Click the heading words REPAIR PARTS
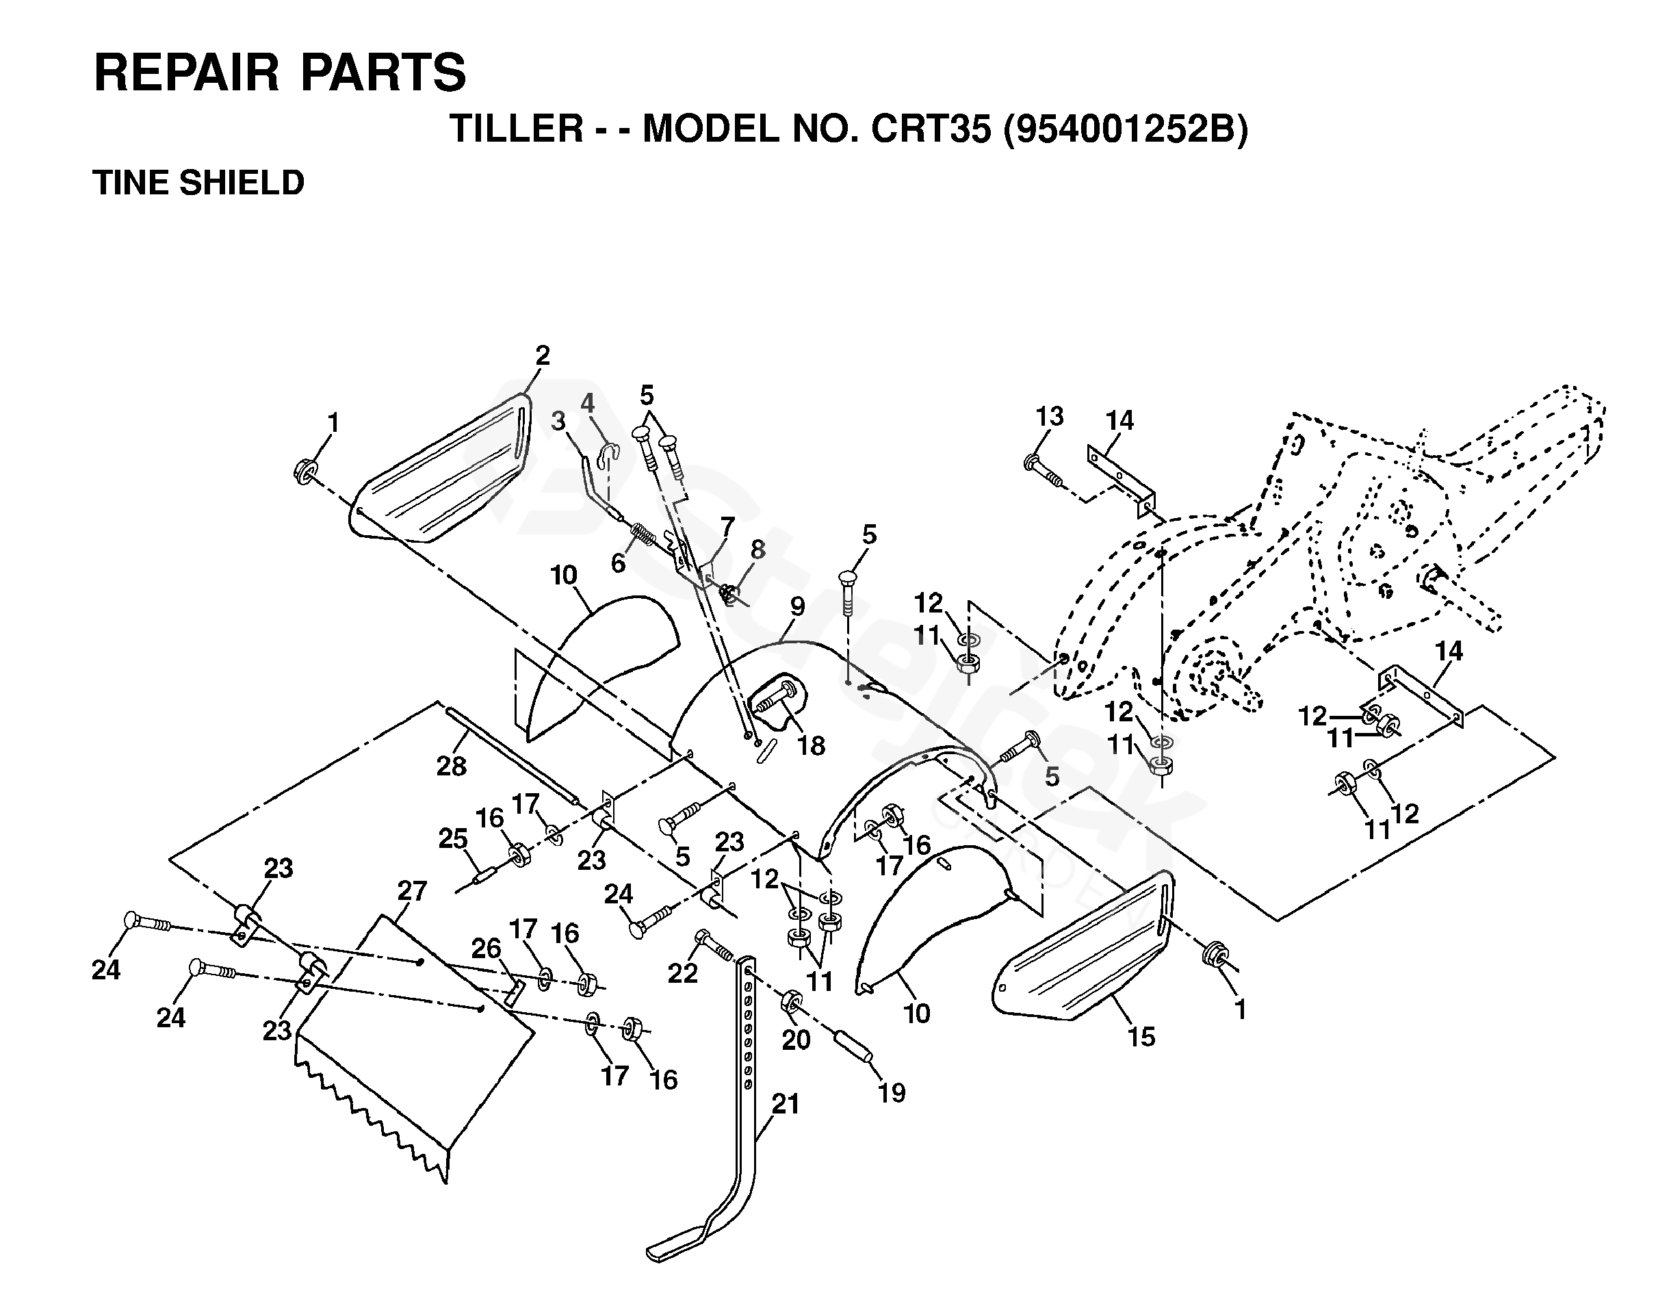279,73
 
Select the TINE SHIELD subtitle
198,183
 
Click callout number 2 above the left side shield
543,355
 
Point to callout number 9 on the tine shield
797,606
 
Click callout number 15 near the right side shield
1141,1037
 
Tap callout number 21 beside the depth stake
786,1104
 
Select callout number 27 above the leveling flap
412,891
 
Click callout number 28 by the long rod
452,766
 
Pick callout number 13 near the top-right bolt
1050,416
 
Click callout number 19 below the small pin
892,1092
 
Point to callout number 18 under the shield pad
811,745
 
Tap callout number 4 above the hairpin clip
587,402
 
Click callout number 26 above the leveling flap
487,948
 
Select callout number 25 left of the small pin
453,838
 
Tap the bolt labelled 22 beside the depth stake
714,944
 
